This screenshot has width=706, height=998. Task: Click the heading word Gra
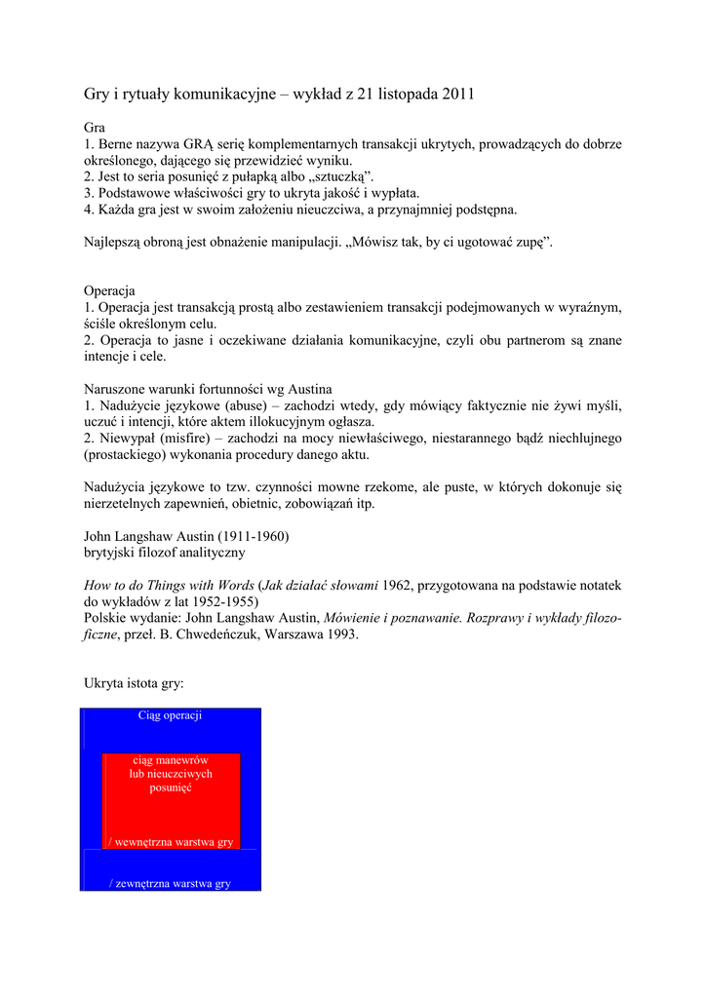click(x=95, y=128)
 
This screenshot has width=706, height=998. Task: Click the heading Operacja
click(x=109, y=291)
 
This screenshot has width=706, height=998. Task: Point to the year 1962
click(x=398, y=586)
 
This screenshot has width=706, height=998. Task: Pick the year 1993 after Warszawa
click(x=341, y=634)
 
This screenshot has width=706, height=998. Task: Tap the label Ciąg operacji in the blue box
click(x=171, y=715)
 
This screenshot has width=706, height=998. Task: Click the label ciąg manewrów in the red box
click(x=171, y=759)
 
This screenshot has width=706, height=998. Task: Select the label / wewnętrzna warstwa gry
click(x=171, y=841)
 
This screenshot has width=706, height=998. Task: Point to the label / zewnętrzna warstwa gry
click(x=171, y=883)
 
